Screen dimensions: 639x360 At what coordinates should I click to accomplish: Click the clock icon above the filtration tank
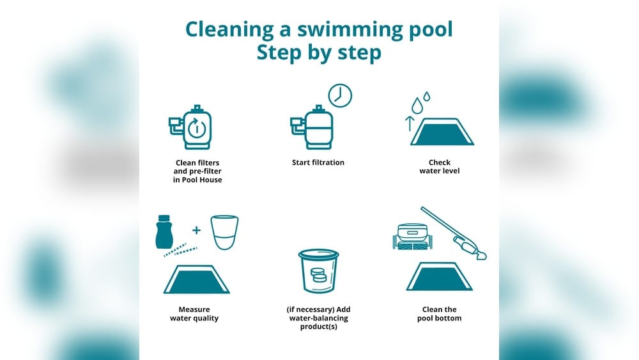click(x=340, y=95)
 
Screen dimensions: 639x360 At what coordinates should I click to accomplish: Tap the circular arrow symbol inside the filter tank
click(x=196, y=128)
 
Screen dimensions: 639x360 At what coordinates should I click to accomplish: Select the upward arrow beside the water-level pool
click(x=410, y=123)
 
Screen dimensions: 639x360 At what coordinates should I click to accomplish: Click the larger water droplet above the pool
click(x=417, y=106)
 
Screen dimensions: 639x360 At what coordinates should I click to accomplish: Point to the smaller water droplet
click(x=427, y=96)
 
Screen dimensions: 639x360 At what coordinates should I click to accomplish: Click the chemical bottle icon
click(x=164, y=231)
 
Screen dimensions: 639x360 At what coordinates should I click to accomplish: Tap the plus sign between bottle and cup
click(x=196, y=230)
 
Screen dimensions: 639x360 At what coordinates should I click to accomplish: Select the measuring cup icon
click(x=224, y=232)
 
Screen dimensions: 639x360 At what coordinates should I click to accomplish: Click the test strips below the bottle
click(x=180, y=249)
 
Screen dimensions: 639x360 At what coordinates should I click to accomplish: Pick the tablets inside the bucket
click(x=318, y=275)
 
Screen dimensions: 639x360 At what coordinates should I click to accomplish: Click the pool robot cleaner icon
click(x=412, y=237)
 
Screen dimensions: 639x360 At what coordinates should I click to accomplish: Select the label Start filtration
click(x=318, y=162)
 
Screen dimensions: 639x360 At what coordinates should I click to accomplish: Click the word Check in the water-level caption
click(x=440, y=162)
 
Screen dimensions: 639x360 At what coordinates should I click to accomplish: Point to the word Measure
click(x=194, y=309)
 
